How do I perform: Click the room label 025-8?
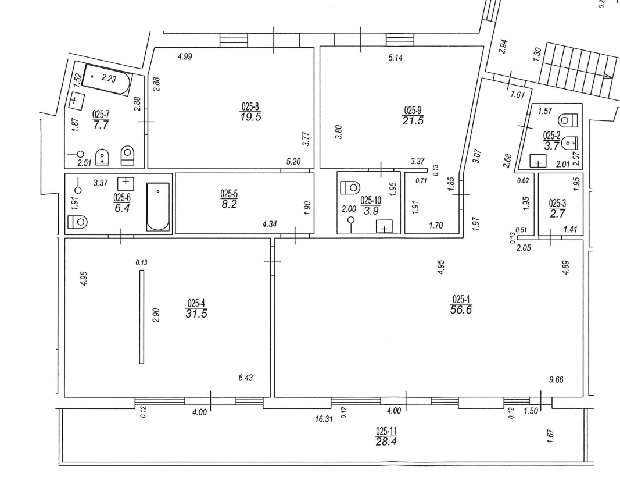250,106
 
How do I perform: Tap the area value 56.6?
461,309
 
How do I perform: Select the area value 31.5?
196,314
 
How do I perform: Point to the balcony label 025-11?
386,431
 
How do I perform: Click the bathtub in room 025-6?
158,207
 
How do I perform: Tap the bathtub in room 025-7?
107,79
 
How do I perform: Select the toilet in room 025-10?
350,187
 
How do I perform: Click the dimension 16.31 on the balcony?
324,418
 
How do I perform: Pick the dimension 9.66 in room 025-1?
556,379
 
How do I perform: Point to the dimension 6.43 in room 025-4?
245,378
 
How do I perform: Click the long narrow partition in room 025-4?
142,317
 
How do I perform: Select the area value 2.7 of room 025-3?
557,214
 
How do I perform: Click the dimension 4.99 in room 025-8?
185,56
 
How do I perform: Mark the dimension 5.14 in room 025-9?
395,58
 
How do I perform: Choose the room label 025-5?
229,194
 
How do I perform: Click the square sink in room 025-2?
538,161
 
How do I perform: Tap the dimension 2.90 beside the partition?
156,315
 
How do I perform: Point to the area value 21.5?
413,121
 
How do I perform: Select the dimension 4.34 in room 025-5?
269,225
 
